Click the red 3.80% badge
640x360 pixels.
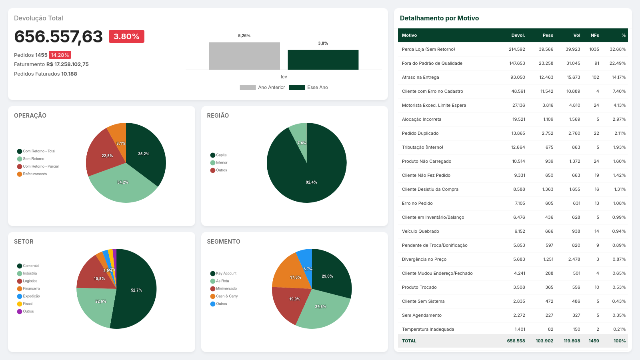(x=126, y=36)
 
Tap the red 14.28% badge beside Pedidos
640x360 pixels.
(x=60, y=55)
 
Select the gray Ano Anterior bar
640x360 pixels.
(x=244, y=56)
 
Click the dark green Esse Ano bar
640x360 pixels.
(x=323, y=60)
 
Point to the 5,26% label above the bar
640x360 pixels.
(x=244, y=36)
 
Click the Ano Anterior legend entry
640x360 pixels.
(x=262, y=87)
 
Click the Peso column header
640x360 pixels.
(x=548, y=35)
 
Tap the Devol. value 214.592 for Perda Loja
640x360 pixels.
(x=517, y=49)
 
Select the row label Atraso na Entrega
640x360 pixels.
(x=420, y=77)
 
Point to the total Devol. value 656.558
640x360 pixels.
(x=516, y=341)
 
